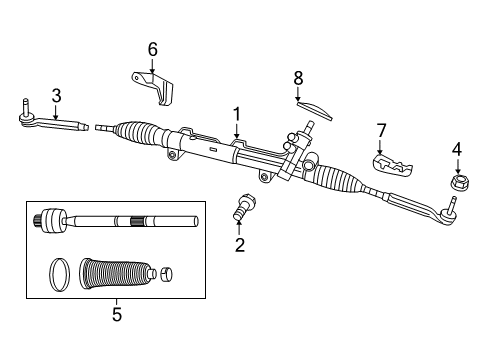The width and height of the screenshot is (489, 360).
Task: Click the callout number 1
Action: [237, 114]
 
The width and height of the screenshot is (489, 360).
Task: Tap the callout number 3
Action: [56, 95]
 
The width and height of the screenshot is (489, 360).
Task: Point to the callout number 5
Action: [115, 312]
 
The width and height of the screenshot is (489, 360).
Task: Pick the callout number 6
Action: [152, 49]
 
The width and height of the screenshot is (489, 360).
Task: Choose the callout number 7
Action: [380, 129]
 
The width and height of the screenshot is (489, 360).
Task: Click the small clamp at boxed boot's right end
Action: [166, 271]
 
